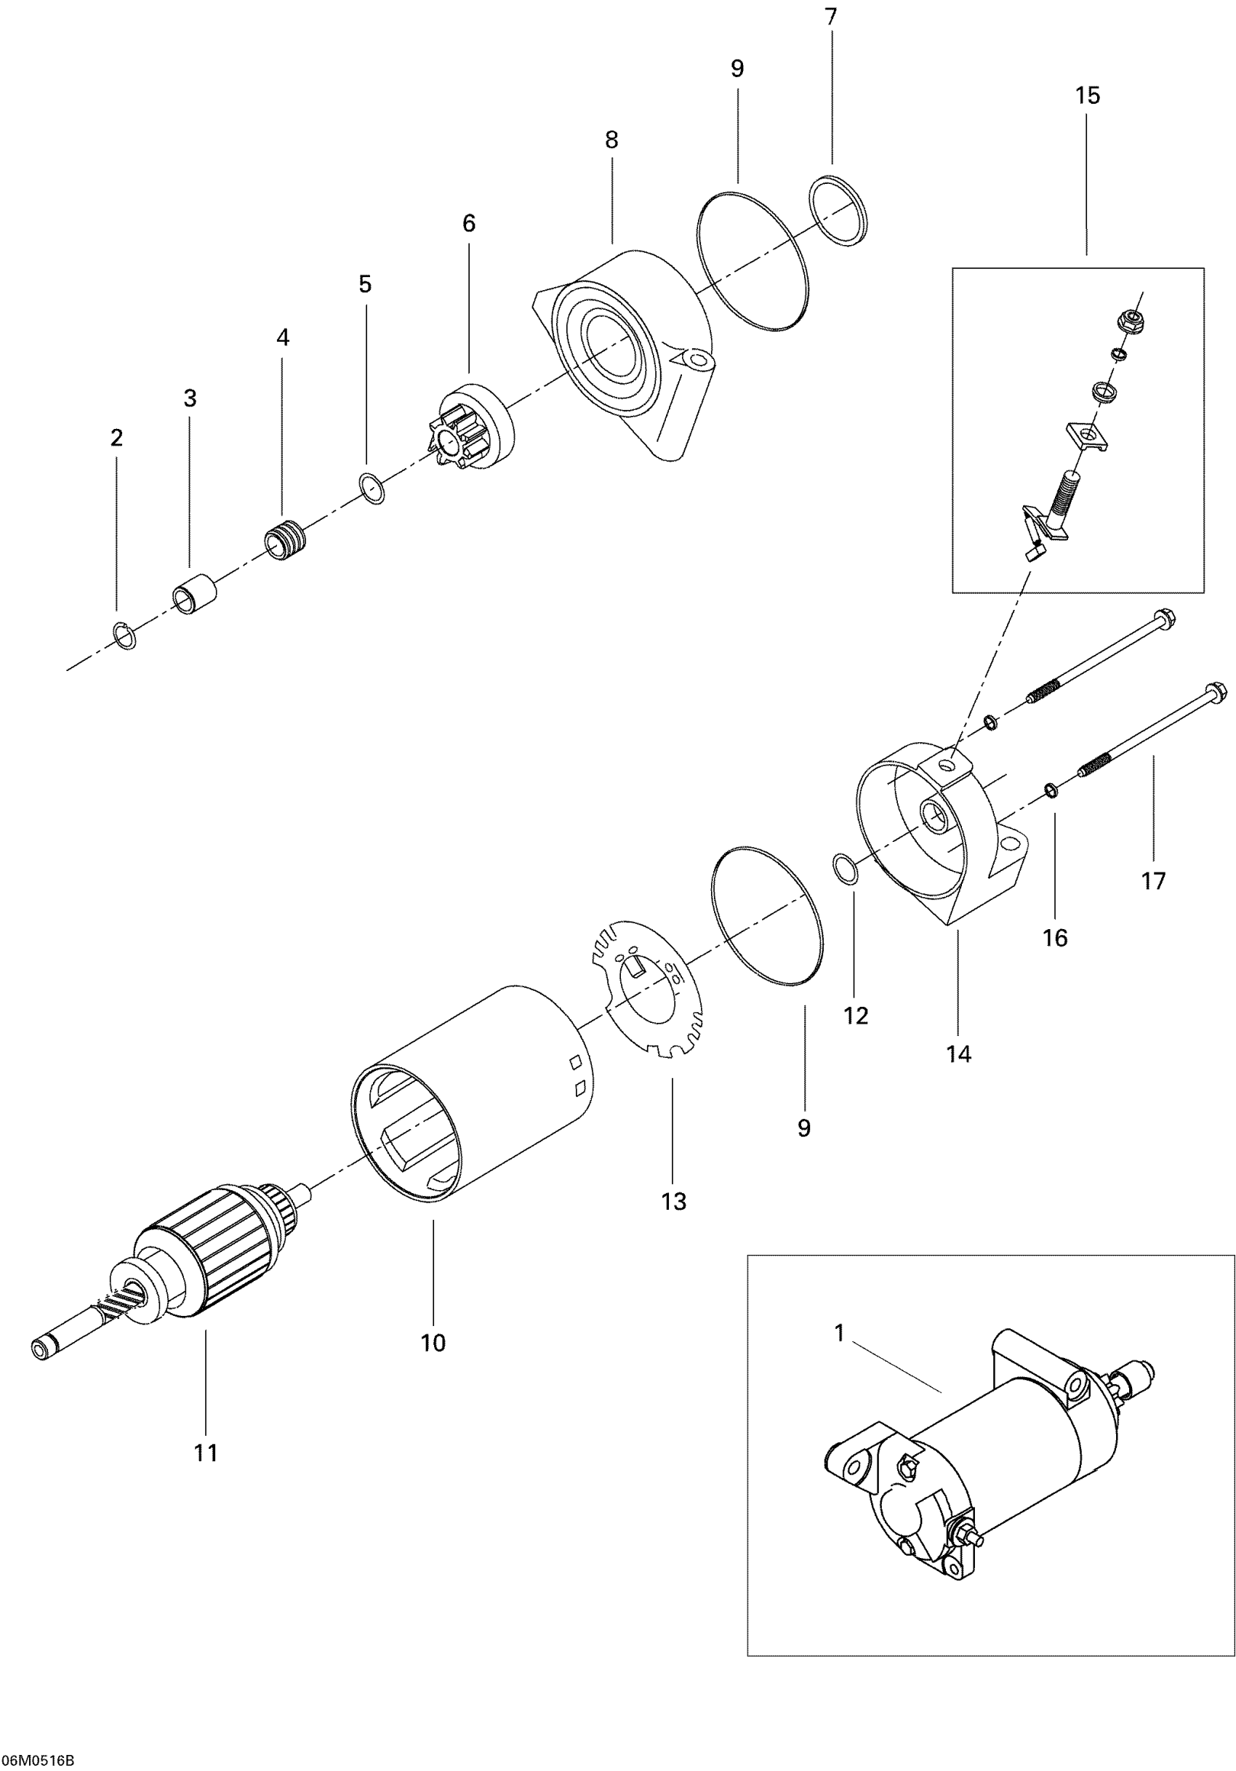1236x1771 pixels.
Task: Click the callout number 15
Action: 1087,97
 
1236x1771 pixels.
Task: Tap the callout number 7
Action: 831,17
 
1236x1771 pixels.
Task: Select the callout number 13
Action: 673,1201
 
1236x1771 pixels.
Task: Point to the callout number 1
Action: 840,1332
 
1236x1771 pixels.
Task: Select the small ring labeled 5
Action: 373,489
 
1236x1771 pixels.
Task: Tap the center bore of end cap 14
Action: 935,814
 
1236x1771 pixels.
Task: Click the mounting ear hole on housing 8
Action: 699,359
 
